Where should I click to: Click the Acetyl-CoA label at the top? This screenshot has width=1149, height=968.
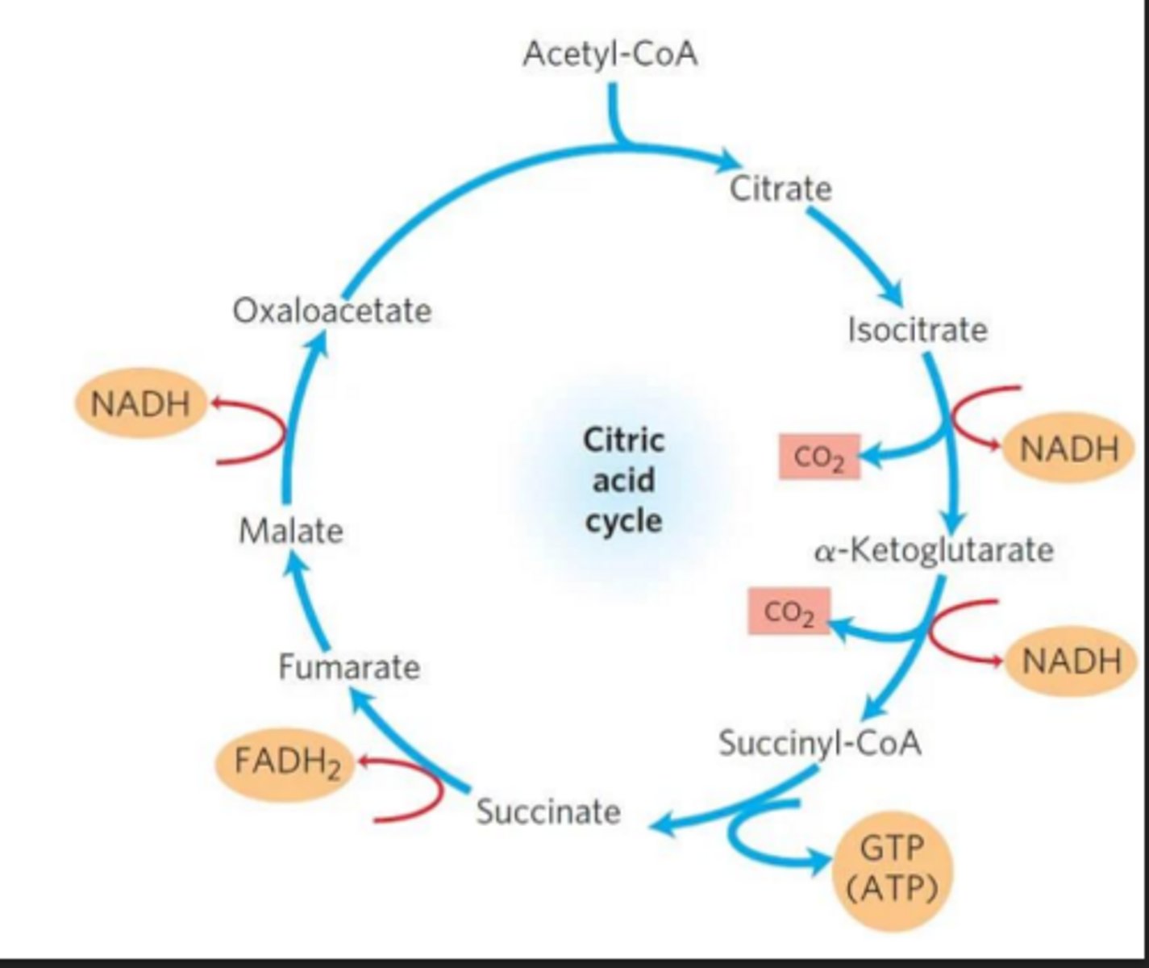610,55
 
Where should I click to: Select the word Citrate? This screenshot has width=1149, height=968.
780,189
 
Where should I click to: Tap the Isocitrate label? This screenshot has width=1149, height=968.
917,330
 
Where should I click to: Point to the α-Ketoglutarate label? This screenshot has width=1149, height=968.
934,550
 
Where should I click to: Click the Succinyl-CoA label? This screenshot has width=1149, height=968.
819,742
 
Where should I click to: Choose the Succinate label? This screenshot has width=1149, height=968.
548,811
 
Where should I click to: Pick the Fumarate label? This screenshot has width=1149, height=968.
349,667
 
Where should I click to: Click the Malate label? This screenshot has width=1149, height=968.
291,531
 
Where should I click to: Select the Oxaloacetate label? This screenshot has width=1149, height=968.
332,311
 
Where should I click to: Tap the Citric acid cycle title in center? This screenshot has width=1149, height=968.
623,481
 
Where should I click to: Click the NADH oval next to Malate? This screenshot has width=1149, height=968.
140,403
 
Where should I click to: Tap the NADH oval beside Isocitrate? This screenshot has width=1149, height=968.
1069,449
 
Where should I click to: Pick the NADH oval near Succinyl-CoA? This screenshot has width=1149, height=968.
1071,661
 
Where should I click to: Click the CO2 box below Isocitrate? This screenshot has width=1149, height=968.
818,457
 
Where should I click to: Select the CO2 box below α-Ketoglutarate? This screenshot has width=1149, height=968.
788,612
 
